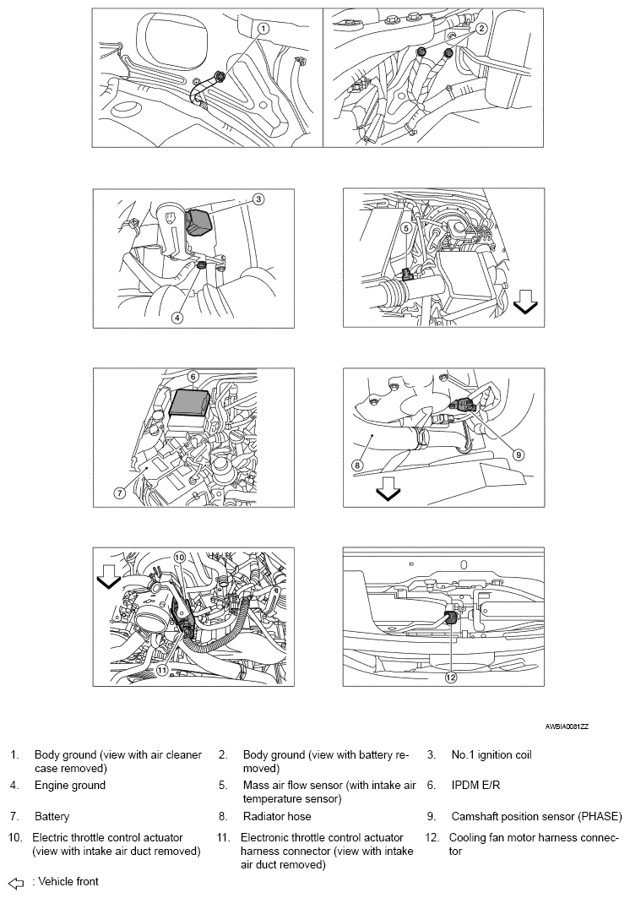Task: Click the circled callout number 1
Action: pyautogui.click(x=263, y=28)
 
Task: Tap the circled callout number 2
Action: pyautogui.click(x=481, y=28)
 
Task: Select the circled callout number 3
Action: pyautogui.click(x=258, y=199)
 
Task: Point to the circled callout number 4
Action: pyautogui.click(x=177, y=317)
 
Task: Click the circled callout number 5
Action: pyautogui.click(x=405, y=228)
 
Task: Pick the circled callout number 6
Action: pyautogui.click(x=193, y=376)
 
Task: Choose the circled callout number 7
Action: pyautogui.click(x=120, y=493)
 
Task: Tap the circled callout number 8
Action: pyautogui.click(x=357, y=465)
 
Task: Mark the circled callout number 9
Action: pyautogui.click(x=517, y=454)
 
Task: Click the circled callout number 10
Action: pyautogui.click(x=179, y=556)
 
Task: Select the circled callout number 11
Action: pyautogui.click(x=163, y=669)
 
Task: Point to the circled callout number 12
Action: pyautogui.click(x=451, y=677)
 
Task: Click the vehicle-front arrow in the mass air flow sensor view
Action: pyautogui.click(x=525, y=302)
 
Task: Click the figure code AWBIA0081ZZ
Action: pyautogui.click(x=567, y=727)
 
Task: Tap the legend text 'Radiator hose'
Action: pyautogui.click(x=277, y=816)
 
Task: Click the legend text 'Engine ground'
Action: pyautogui.click(x=70, y=785)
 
